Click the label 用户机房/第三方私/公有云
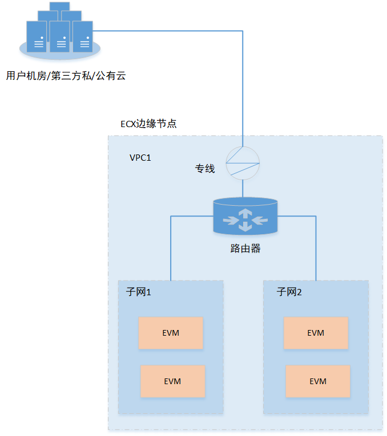pos(65,75)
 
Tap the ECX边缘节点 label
pos(148,124)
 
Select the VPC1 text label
pos(140,157)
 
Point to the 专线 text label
pos(205,169)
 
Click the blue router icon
pos(245,217)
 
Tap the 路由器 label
pos(245,248)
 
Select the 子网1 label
pos(138,292)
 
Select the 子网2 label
pos(289,292)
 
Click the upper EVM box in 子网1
pos(171,333)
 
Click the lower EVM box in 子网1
pos(172,381)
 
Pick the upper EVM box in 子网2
pos(316,333)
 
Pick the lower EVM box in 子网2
pos(318,381)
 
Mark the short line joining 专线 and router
pos(243,188)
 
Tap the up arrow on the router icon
pos(245,211)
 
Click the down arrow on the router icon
pos(245,227)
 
